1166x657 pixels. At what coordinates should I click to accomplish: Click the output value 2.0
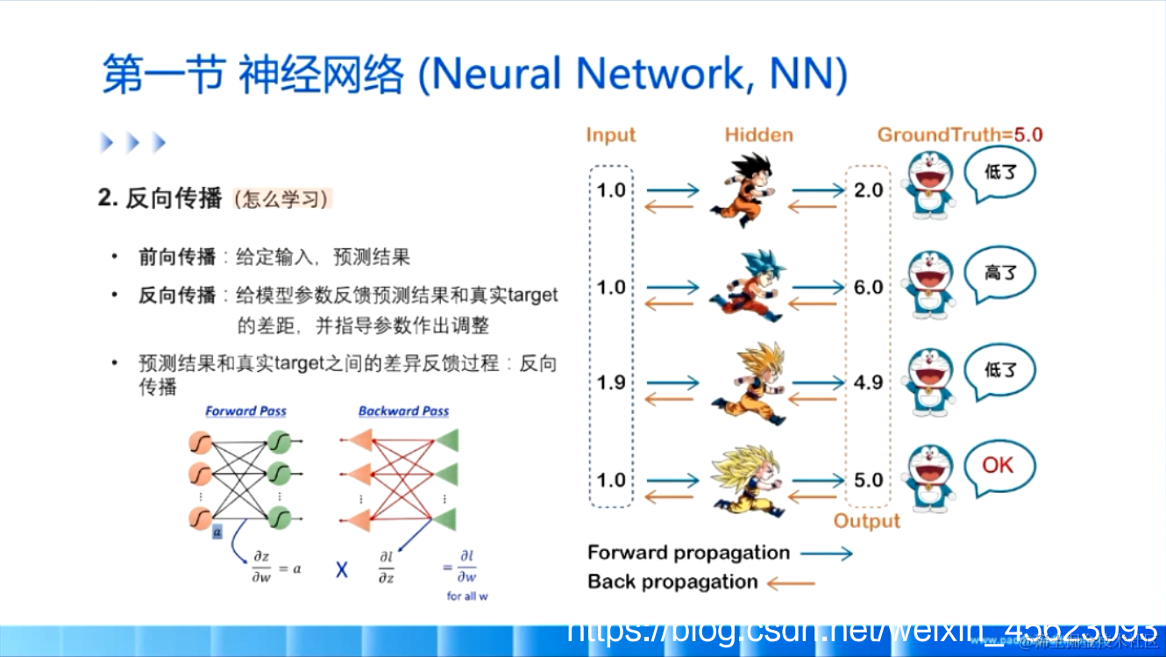[x=868, y=190]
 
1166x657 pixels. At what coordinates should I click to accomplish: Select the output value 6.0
[x=868, y=288]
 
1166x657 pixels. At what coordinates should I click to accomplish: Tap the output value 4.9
[x=868, y=383]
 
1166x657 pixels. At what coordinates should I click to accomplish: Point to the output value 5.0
[x=868, y=481]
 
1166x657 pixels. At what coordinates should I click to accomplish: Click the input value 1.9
[x=611, y=383]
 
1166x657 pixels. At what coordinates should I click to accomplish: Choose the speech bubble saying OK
[x=999, y=466]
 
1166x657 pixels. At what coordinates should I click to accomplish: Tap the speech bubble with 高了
[x=999, y=274]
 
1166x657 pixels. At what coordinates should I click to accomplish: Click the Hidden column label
[x=758, y=135]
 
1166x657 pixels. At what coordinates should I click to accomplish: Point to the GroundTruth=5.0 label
[x=960, y=135]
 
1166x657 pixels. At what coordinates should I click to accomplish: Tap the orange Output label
[x=866, y=521]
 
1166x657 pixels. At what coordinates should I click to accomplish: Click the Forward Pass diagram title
[x=245, y=411]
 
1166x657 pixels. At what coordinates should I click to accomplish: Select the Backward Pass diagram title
[x=403, y=411]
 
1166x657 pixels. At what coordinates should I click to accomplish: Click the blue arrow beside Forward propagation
[x=826, y=553]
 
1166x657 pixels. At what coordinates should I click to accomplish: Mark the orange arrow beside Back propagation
[x=791, y=582]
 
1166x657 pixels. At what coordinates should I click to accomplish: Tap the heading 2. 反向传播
[x=160, y=198]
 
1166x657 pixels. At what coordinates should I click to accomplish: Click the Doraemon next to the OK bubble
[x=929, y=478]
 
